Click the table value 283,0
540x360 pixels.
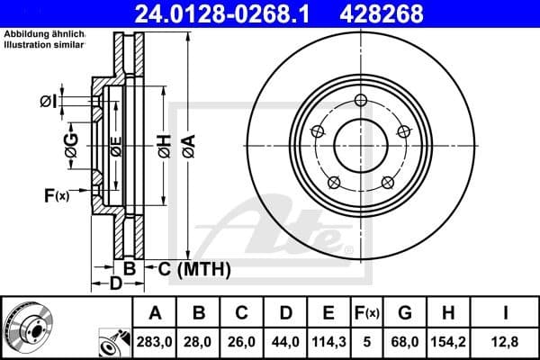click(155, 342)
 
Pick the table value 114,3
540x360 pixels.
click(328, 342)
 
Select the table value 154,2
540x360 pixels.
click(451, 342)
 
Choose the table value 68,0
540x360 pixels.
click(408, 342)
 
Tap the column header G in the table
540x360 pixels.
click(408, 313)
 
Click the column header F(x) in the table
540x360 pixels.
click(368, 313)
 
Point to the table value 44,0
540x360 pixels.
click(284, 342)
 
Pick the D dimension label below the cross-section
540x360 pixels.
click(114, 285)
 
